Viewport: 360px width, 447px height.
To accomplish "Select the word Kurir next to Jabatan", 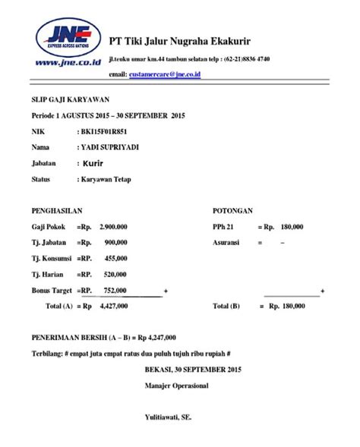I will (95, 163).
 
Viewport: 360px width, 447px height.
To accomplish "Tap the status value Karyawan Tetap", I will (106, 179).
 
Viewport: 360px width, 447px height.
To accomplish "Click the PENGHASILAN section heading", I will (57, 210).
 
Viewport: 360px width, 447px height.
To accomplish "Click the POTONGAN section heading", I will (234, 210).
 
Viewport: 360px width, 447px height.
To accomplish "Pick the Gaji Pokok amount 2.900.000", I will (113, 226).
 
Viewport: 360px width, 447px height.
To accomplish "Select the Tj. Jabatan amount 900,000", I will (115, 242).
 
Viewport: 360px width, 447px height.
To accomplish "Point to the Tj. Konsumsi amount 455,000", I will (115, 258).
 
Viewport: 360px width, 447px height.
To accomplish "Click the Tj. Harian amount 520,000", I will (115, 274).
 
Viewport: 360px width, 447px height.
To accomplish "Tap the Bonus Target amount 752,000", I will (115, 290).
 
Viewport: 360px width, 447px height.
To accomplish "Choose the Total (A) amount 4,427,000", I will (112, 306).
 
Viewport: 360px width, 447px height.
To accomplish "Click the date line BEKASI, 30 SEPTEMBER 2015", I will (192, 370).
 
